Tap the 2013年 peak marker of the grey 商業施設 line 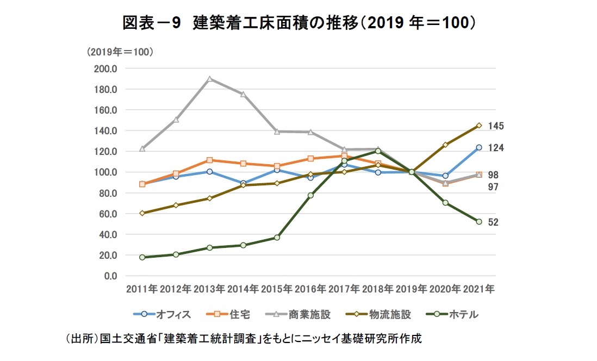209,79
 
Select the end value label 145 495,126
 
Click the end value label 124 495,148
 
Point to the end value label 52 493,222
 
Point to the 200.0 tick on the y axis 107,69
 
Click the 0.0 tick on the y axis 111,276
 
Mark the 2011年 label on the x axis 142,289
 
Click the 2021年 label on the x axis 478,289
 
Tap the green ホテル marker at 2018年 378,151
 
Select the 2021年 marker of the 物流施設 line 479,126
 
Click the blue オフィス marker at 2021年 479,147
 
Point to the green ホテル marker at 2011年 142,257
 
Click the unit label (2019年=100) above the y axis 120,52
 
